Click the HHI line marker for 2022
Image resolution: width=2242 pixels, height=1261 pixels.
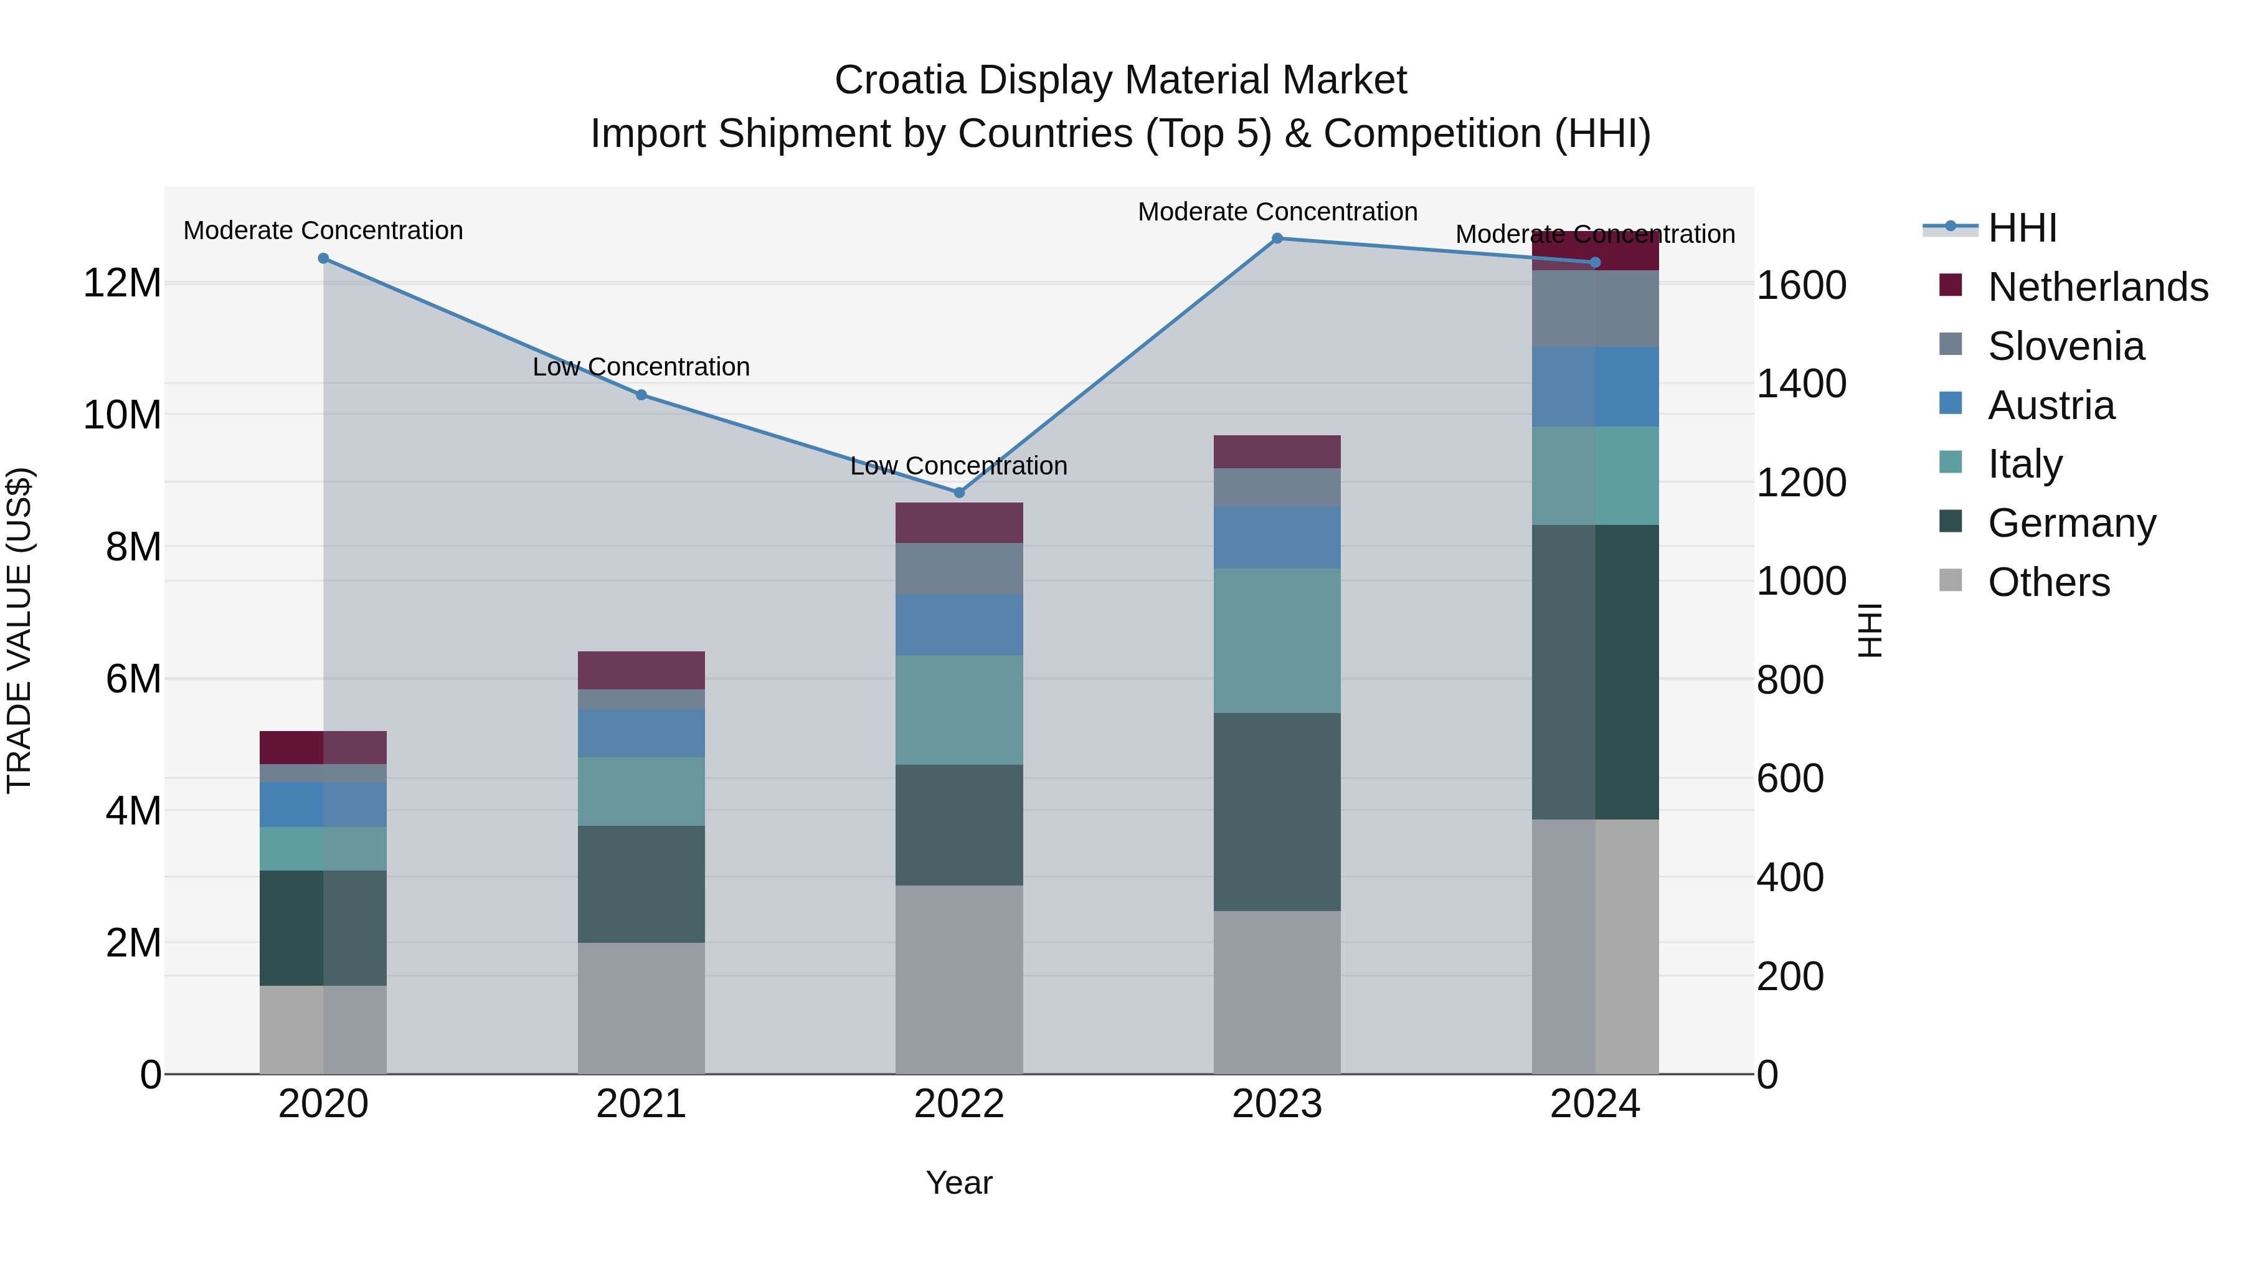(959, 493)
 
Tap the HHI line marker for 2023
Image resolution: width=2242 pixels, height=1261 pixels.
(1277, 239)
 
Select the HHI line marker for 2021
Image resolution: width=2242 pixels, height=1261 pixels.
(641, 395)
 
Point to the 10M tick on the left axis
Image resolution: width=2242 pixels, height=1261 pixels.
(122, 415)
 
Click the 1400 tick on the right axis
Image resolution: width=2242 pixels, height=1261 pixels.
(1800, 384)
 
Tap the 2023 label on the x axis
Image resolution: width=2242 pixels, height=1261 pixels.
(1277, 1104)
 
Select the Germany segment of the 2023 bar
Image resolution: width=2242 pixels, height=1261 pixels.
(1277, 812)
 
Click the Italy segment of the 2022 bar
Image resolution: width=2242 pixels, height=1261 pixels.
(959, 710)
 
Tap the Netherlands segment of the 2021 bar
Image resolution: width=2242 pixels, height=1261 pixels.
(641, 670)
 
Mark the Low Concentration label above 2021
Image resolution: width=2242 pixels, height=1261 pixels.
(641, 367)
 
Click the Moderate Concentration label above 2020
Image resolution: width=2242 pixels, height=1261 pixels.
(323, 230)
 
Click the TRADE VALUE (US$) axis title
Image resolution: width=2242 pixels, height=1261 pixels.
(19, 630)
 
